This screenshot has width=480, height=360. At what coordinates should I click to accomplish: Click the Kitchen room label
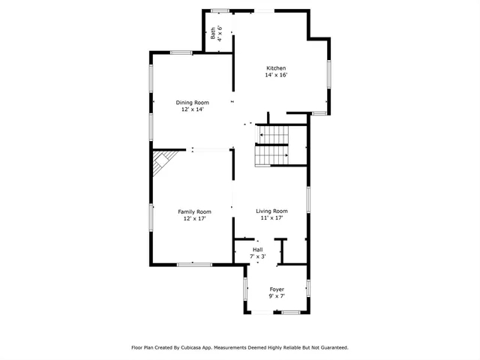275,68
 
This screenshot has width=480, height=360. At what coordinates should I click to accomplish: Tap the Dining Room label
192,103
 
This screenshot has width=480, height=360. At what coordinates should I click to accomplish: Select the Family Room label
194,211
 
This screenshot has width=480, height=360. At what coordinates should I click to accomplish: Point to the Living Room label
271,211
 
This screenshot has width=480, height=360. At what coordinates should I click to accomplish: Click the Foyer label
277,289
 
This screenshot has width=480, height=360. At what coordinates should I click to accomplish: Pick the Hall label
257,250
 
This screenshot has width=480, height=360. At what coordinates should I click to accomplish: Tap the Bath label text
213,33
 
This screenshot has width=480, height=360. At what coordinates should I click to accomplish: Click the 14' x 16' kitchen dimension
275,75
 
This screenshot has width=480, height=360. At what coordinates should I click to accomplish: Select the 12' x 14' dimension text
192,109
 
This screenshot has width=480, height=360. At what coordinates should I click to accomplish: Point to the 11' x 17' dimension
271,218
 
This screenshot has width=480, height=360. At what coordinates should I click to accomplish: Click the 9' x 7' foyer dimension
277,296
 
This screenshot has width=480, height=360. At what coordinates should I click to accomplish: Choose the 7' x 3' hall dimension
257,256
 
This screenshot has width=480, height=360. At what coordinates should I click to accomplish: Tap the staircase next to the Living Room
272,145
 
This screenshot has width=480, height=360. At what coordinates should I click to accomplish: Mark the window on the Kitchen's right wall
328,74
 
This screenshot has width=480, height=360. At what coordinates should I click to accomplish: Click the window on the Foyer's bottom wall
291,312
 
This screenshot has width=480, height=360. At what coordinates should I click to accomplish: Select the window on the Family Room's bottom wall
194,264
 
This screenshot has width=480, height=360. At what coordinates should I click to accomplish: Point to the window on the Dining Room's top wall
181,52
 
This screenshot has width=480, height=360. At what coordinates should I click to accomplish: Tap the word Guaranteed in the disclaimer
331,348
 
